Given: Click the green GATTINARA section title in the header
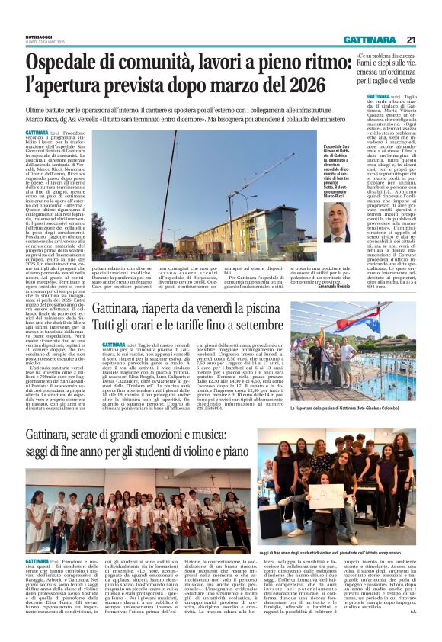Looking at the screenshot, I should click(370, 40).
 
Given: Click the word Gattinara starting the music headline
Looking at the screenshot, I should click(54, 438).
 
